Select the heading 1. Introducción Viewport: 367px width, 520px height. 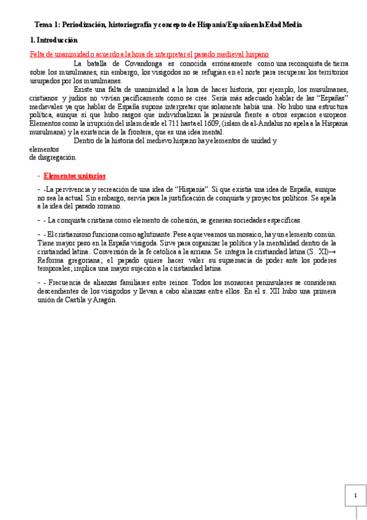[54, 40]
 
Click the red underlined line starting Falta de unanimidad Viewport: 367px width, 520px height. [149, 55]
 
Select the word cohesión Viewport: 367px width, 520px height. [173, 220]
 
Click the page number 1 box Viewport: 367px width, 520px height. [355, 495]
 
